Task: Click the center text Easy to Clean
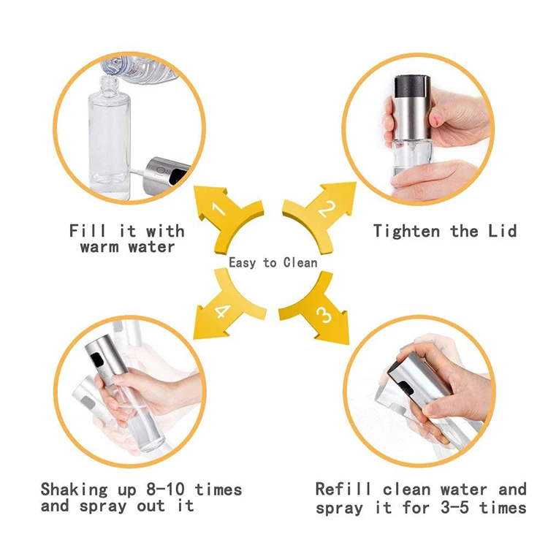(273, 262)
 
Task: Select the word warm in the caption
(99, 247)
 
